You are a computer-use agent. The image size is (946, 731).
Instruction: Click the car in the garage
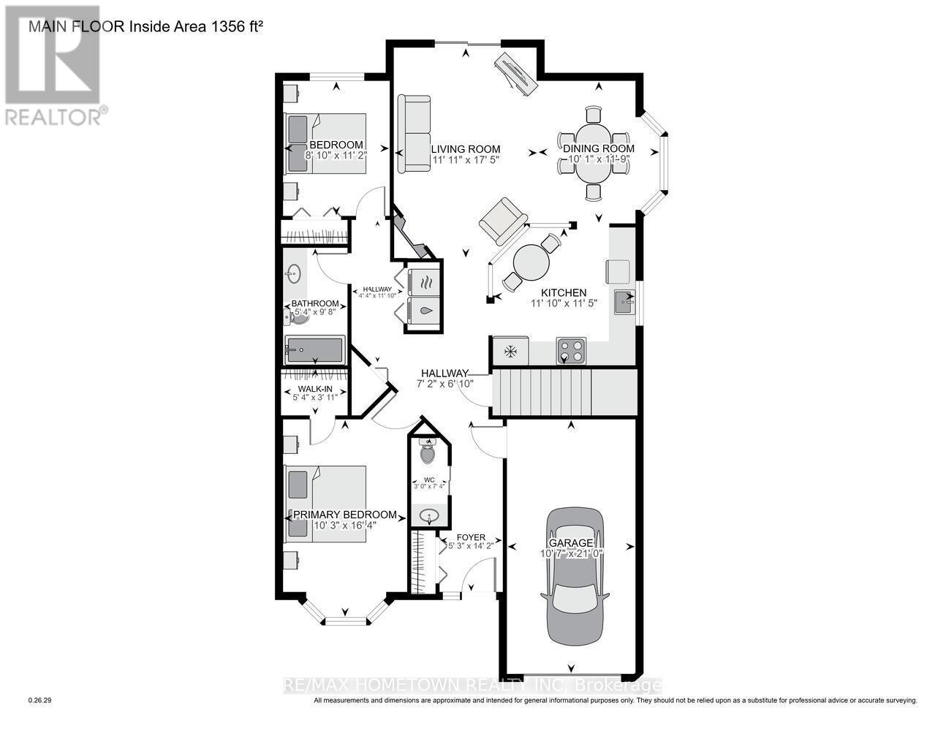click(x=575, y=577)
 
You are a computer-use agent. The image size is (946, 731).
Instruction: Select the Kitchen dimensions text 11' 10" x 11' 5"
click(x=564, y=303)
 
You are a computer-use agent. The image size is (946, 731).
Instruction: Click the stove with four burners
click(x=571, y=350)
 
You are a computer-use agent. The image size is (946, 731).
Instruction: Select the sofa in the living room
click(x=414, y=134)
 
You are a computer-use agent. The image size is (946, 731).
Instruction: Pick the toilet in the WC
click(x=428, y=453)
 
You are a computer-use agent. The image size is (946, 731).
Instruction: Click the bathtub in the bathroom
click(x=314, y=350)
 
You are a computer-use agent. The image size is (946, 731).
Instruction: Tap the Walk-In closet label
click(x=316, y=389)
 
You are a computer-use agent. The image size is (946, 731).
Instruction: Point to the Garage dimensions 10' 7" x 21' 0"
click(x=576, y=553)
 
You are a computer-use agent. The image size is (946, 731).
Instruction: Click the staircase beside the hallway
click(x=563, y=393)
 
